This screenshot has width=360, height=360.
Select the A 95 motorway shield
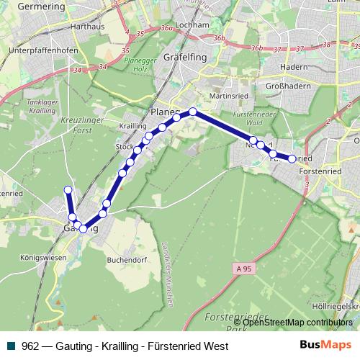(245, 268)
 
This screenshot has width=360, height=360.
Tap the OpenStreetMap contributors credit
(297, 323)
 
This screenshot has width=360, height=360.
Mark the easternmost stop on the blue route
(292, 159)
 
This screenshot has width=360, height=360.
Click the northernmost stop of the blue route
(193, 112)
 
